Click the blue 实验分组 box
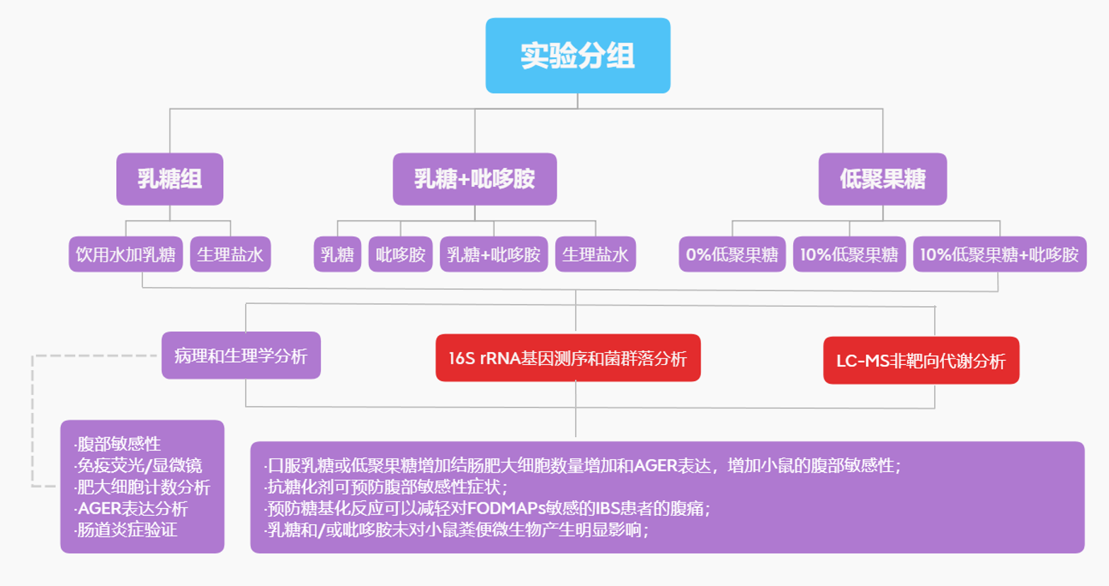point(577,56)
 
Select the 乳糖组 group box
point(170,179)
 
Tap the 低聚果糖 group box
point(882,179)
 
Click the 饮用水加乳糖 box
point(125,254)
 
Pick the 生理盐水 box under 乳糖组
point(230,254)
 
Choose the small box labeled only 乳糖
point(337,254)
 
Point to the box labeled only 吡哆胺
point(400,254)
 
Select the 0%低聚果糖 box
point(732,254)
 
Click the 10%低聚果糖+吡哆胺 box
point(999,254)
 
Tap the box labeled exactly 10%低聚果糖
point(848,254)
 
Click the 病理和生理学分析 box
point(241,356)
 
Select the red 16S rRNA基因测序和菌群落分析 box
point(567,359)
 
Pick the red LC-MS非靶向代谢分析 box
point(921,361)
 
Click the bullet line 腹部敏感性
point(119,444)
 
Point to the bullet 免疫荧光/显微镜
point(139,466)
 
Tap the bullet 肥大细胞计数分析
point(143,488)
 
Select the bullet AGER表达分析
point(132,509)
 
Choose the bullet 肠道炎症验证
point(127,530)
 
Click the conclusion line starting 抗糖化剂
point(387,488)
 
